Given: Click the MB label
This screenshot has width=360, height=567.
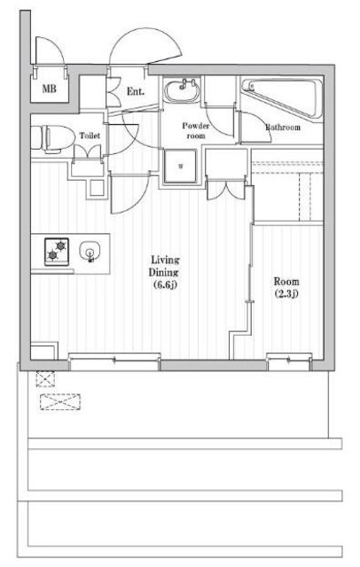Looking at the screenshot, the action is pyautogui.click(x=49, y=88).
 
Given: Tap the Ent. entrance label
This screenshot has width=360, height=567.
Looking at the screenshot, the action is pyautogui.click(x=136, y=91).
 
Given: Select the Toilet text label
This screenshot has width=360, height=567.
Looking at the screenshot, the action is pyautogui.click(x=90, y=136).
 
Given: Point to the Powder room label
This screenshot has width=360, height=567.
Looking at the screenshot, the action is pyautogui.click(x=195, y=130).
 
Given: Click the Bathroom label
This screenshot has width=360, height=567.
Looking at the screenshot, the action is pyautogui.click(x=283, y=128).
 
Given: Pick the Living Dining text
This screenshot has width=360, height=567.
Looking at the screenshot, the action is pyautogui.click(x=165, y=266).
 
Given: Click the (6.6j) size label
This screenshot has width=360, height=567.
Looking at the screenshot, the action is pyautogui.click(x=165, y=285).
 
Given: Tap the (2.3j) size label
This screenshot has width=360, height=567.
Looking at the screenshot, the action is pyautogui.click(x=286, y=293).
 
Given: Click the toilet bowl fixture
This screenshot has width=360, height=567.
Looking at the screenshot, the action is pyautogui.click(x=52, y=138).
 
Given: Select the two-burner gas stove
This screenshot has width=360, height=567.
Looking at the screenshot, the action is pyautogui.click(x=57, y=252).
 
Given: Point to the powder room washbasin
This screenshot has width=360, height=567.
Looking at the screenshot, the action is pyautogui.click(x=182, y=90).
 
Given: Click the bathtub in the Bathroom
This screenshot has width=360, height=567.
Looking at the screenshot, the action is pyautogui.click(x=282, y=97).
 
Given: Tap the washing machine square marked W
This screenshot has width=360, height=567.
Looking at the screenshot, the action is pyautogui.click(x=181, y=166).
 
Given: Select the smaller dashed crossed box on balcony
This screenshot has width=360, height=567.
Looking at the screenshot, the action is pyautogui.click(x=45, y=378).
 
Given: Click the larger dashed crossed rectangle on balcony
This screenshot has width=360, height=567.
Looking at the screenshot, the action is pyautogui.click(x=60, y=401).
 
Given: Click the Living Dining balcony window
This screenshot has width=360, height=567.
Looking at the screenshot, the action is pyautogui.click(x=114, y=361).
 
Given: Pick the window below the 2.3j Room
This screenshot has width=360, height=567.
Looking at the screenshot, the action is pyautogui.click(x=289, y=361).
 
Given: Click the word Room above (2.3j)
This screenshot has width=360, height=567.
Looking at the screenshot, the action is pyautogui.click(x=286, y=282).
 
